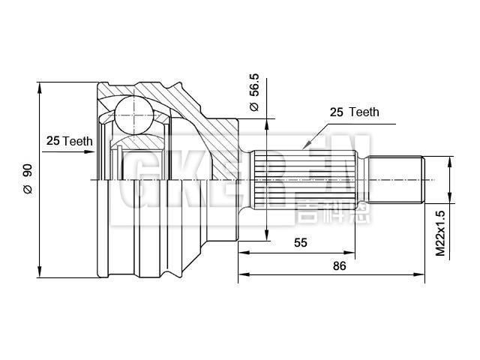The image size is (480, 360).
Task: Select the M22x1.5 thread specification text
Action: [441, 234]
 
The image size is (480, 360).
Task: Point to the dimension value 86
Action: [338, 266]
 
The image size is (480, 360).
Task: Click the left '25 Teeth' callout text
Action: [68, 140]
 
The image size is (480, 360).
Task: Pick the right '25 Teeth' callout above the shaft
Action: [355, 112]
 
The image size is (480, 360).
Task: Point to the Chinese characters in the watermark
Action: [322, 211]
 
